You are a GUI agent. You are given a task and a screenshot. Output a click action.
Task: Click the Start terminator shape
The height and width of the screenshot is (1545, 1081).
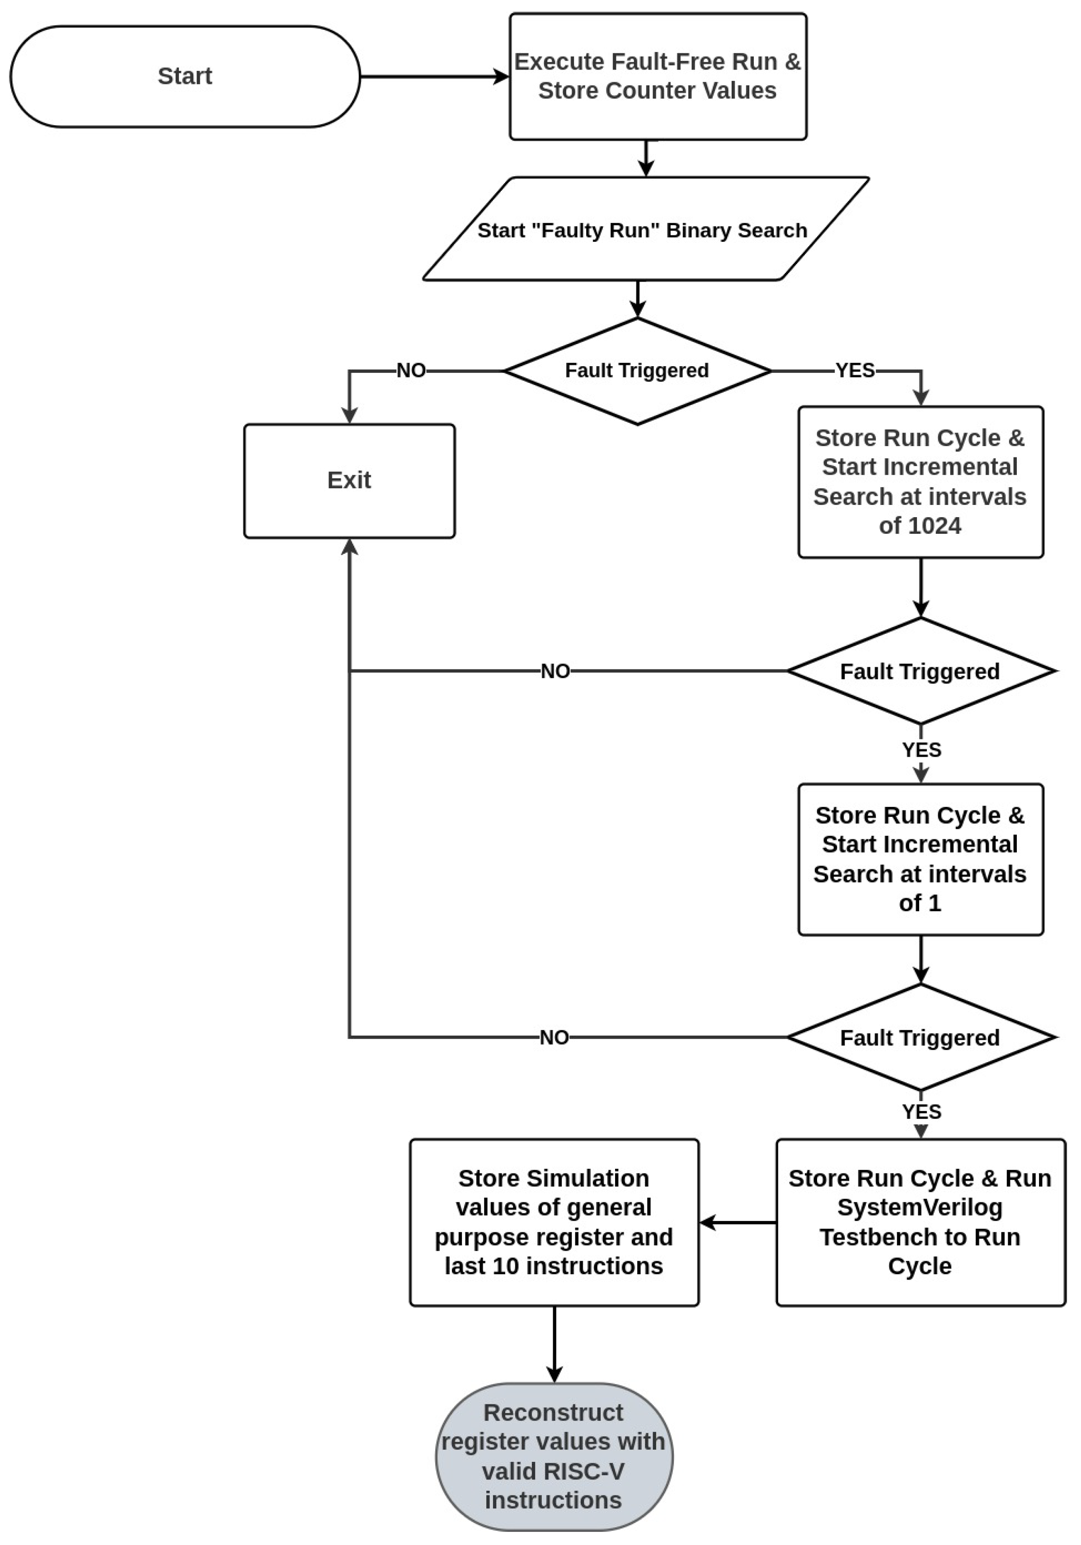coord(185,76)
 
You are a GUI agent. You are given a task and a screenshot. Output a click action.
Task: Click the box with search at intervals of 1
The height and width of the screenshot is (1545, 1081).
coord(920,859)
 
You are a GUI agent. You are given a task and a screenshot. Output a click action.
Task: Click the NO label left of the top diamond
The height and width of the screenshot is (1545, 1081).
coord(410,370)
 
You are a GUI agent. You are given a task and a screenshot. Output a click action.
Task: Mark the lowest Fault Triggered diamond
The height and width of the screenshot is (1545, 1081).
coord(920,1038)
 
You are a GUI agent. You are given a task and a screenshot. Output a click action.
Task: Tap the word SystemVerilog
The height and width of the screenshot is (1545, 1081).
coord(920,1207)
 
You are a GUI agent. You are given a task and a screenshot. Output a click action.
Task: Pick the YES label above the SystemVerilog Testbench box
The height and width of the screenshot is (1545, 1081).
coord(921,1112)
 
